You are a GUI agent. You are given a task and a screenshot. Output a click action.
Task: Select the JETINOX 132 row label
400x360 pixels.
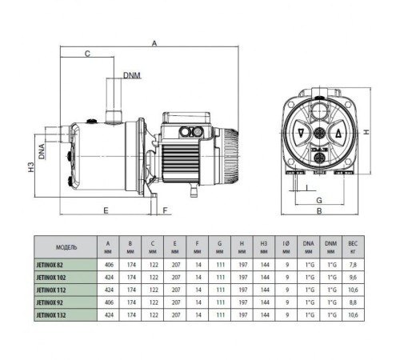pyautogui.click(x=57, y=316)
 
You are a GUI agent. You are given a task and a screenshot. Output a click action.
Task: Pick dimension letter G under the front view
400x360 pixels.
pyautogui.click(x=318, y=199)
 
